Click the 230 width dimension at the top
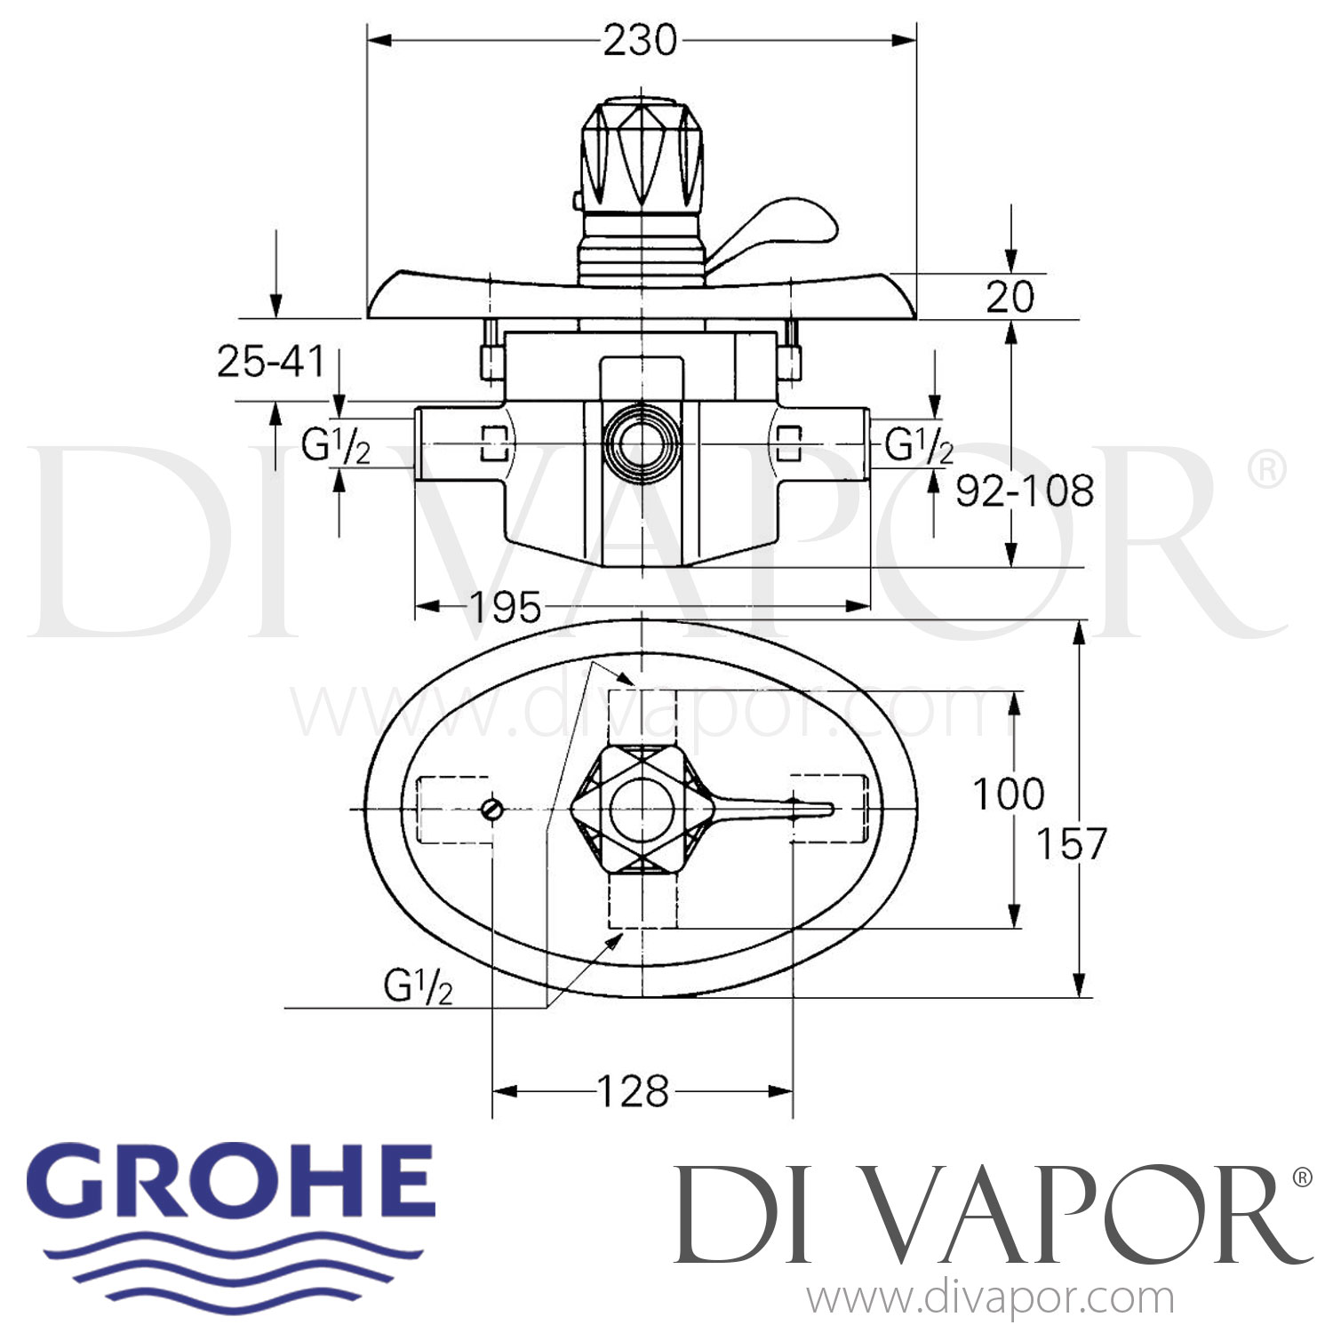coord(640,41)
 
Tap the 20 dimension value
coord(1010,297)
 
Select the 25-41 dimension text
coord(271,362)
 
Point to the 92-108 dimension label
coord(1025,491)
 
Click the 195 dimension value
coord(504,608)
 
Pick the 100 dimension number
coord(1008,794)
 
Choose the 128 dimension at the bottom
coord(632,1091)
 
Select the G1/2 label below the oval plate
coord(419,986)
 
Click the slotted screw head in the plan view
coord(492,809)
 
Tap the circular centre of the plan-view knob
coord(642,808)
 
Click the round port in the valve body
coord(642,443)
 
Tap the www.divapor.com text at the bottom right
coord(990,1299)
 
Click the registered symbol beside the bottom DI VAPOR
coord(1300,1178)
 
